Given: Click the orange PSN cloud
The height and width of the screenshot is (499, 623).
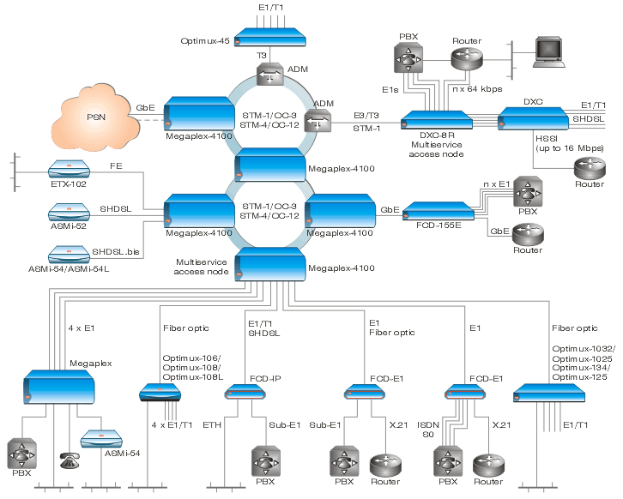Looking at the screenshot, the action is (x=96, y=117).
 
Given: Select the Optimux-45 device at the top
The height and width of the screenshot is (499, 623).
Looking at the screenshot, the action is (x=269, y=38).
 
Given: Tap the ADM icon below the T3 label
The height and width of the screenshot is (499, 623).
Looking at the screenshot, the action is (x=270, y=74).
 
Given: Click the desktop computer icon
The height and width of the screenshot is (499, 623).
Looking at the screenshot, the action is (x=549, y=51).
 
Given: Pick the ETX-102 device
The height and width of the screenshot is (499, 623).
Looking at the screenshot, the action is (x=70, y=169).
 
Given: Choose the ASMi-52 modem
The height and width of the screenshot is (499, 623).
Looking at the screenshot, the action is (x=70, y=213).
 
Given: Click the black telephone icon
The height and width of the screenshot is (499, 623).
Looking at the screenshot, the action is (x=70, y=460).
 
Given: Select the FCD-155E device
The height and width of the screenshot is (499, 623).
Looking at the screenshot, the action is (x=439, y=211).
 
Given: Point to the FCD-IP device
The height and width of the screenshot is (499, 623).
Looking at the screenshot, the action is (x=245, y=392).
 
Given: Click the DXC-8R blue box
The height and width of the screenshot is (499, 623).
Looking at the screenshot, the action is (x=437, y=120).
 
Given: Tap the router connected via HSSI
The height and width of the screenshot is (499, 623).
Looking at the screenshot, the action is (x=590, y=168).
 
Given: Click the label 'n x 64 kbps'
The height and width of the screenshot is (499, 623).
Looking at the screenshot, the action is (x=477, y=89).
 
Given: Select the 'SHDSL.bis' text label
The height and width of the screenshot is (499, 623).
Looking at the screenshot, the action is (x=116, y=252).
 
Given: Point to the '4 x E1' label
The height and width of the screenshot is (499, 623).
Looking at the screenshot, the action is (x=82, y=328).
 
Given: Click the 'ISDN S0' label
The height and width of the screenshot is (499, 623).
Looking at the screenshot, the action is (x=428, y=430).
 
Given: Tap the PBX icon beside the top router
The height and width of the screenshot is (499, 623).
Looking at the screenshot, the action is (x=408, y=58).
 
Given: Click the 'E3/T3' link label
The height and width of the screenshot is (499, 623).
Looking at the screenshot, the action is (x=366, y=116).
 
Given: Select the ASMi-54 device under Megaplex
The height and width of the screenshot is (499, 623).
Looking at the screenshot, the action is (x=101, y=439).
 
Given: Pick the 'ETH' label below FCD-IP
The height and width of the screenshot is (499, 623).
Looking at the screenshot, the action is (x=212, y=424).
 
